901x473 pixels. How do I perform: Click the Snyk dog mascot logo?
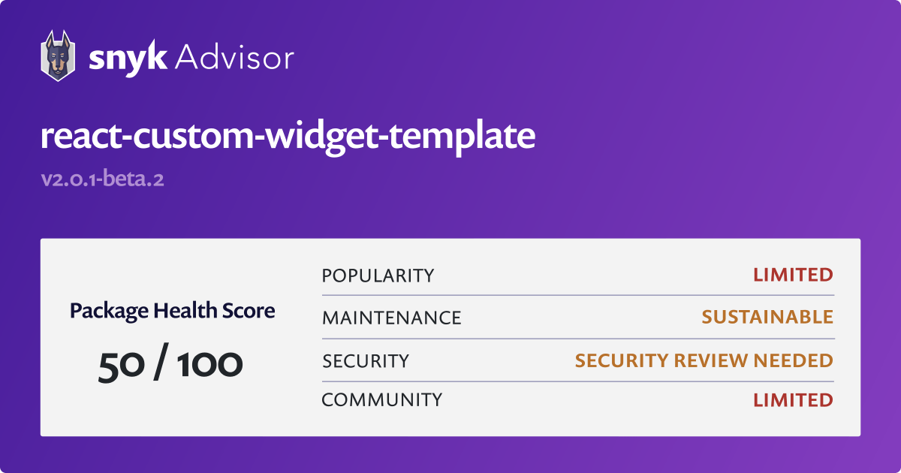[58, 56]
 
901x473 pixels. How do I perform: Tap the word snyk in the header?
[128, 59]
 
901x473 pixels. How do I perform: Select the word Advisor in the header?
[234, 58]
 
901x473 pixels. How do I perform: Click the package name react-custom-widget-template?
[288, 137]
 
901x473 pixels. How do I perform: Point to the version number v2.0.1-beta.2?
[103, 178]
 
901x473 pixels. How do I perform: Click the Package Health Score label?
[173, 311]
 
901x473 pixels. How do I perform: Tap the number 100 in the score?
[209, 364]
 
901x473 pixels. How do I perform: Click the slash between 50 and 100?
[161, 362]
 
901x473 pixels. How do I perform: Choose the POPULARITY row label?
[378, 276]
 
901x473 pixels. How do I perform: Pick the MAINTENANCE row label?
[392, 318]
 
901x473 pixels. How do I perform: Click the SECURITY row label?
[366, 361]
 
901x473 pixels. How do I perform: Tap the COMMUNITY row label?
[382, 399]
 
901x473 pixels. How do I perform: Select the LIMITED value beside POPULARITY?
[793, 275]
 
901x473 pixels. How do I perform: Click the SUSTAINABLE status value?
[767, 317]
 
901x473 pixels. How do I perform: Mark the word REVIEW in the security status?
[711, 360]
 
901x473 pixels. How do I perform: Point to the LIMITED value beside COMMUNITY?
[793, 400]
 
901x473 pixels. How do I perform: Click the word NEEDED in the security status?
[793, 360]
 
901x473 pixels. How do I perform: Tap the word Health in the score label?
[185, 310]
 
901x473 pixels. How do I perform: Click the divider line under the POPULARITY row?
[578, 295]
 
